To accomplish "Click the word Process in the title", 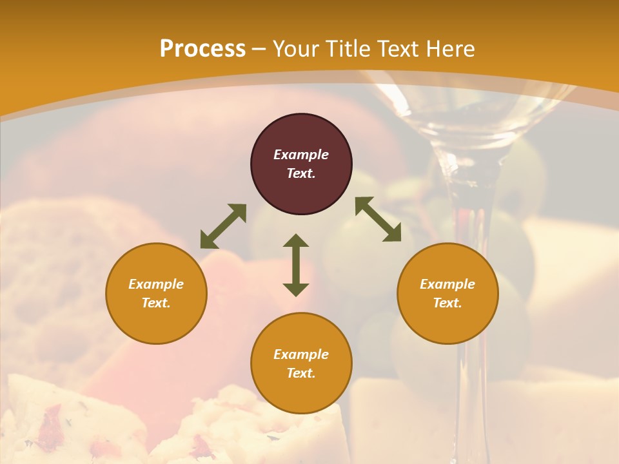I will pos(202,49).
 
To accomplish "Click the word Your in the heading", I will pos(296,49).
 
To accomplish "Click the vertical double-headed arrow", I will pos(296,265).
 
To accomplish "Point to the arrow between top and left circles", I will pos(223,226).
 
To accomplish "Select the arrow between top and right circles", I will pos(378,219).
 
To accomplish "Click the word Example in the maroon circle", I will pos(301,155).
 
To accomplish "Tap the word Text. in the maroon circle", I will pos(301,173).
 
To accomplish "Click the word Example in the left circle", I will pos(156,284).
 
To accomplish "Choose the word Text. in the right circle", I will pos(447,303).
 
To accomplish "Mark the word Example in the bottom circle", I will pos(301,354).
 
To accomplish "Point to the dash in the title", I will pos(259,50).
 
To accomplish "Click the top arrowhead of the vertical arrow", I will pos(296,240).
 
